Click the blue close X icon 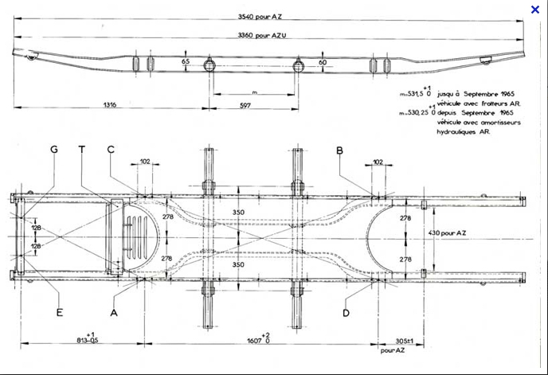pos(535,9)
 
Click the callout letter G pos(54,150)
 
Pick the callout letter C pos(111,150)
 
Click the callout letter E pos(59,313)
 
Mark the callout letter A pos(114,313)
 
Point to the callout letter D pos(346,313)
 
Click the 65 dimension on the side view pos(186,61)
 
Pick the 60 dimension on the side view pos(321,61)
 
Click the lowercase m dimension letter pos(254,90)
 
